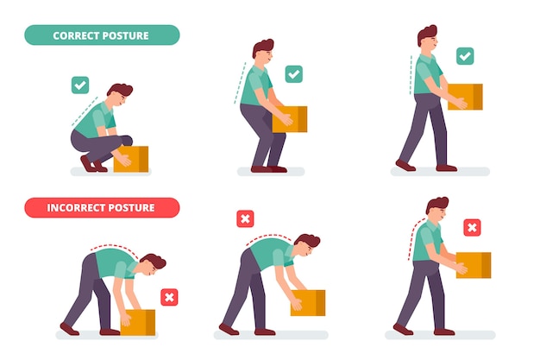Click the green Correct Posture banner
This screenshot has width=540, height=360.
tap(102, 35)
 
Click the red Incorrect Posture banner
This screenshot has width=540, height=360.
tap(102, 208)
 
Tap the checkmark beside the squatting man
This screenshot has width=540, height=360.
tap(80, 85)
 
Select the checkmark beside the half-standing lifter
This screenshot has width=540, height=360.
tap(293, 74)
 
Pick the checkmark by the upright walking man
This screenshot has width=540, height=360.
tap(464, 56)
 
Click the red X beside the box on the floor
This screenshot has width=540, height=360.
tap(169, 297)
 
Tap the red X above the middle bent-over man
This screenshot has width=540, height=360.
tap(245, 219)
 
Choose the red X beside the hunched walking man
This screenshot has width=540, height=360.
tap(472, 227)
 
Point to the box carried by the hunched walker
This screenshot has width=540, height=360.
tap(473, 264)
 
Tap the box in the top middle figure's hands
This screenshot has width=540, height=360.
tap(290, 118)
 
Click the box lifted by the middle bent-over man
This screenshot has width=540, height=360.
tap(308, 302)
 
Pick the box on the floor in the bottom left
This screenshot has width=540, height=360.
tap(138, 321)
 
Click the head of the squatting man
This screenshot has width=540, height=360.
tap(119, 96)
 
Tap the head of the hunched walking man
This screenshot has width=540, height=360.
tap(437, 210)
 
